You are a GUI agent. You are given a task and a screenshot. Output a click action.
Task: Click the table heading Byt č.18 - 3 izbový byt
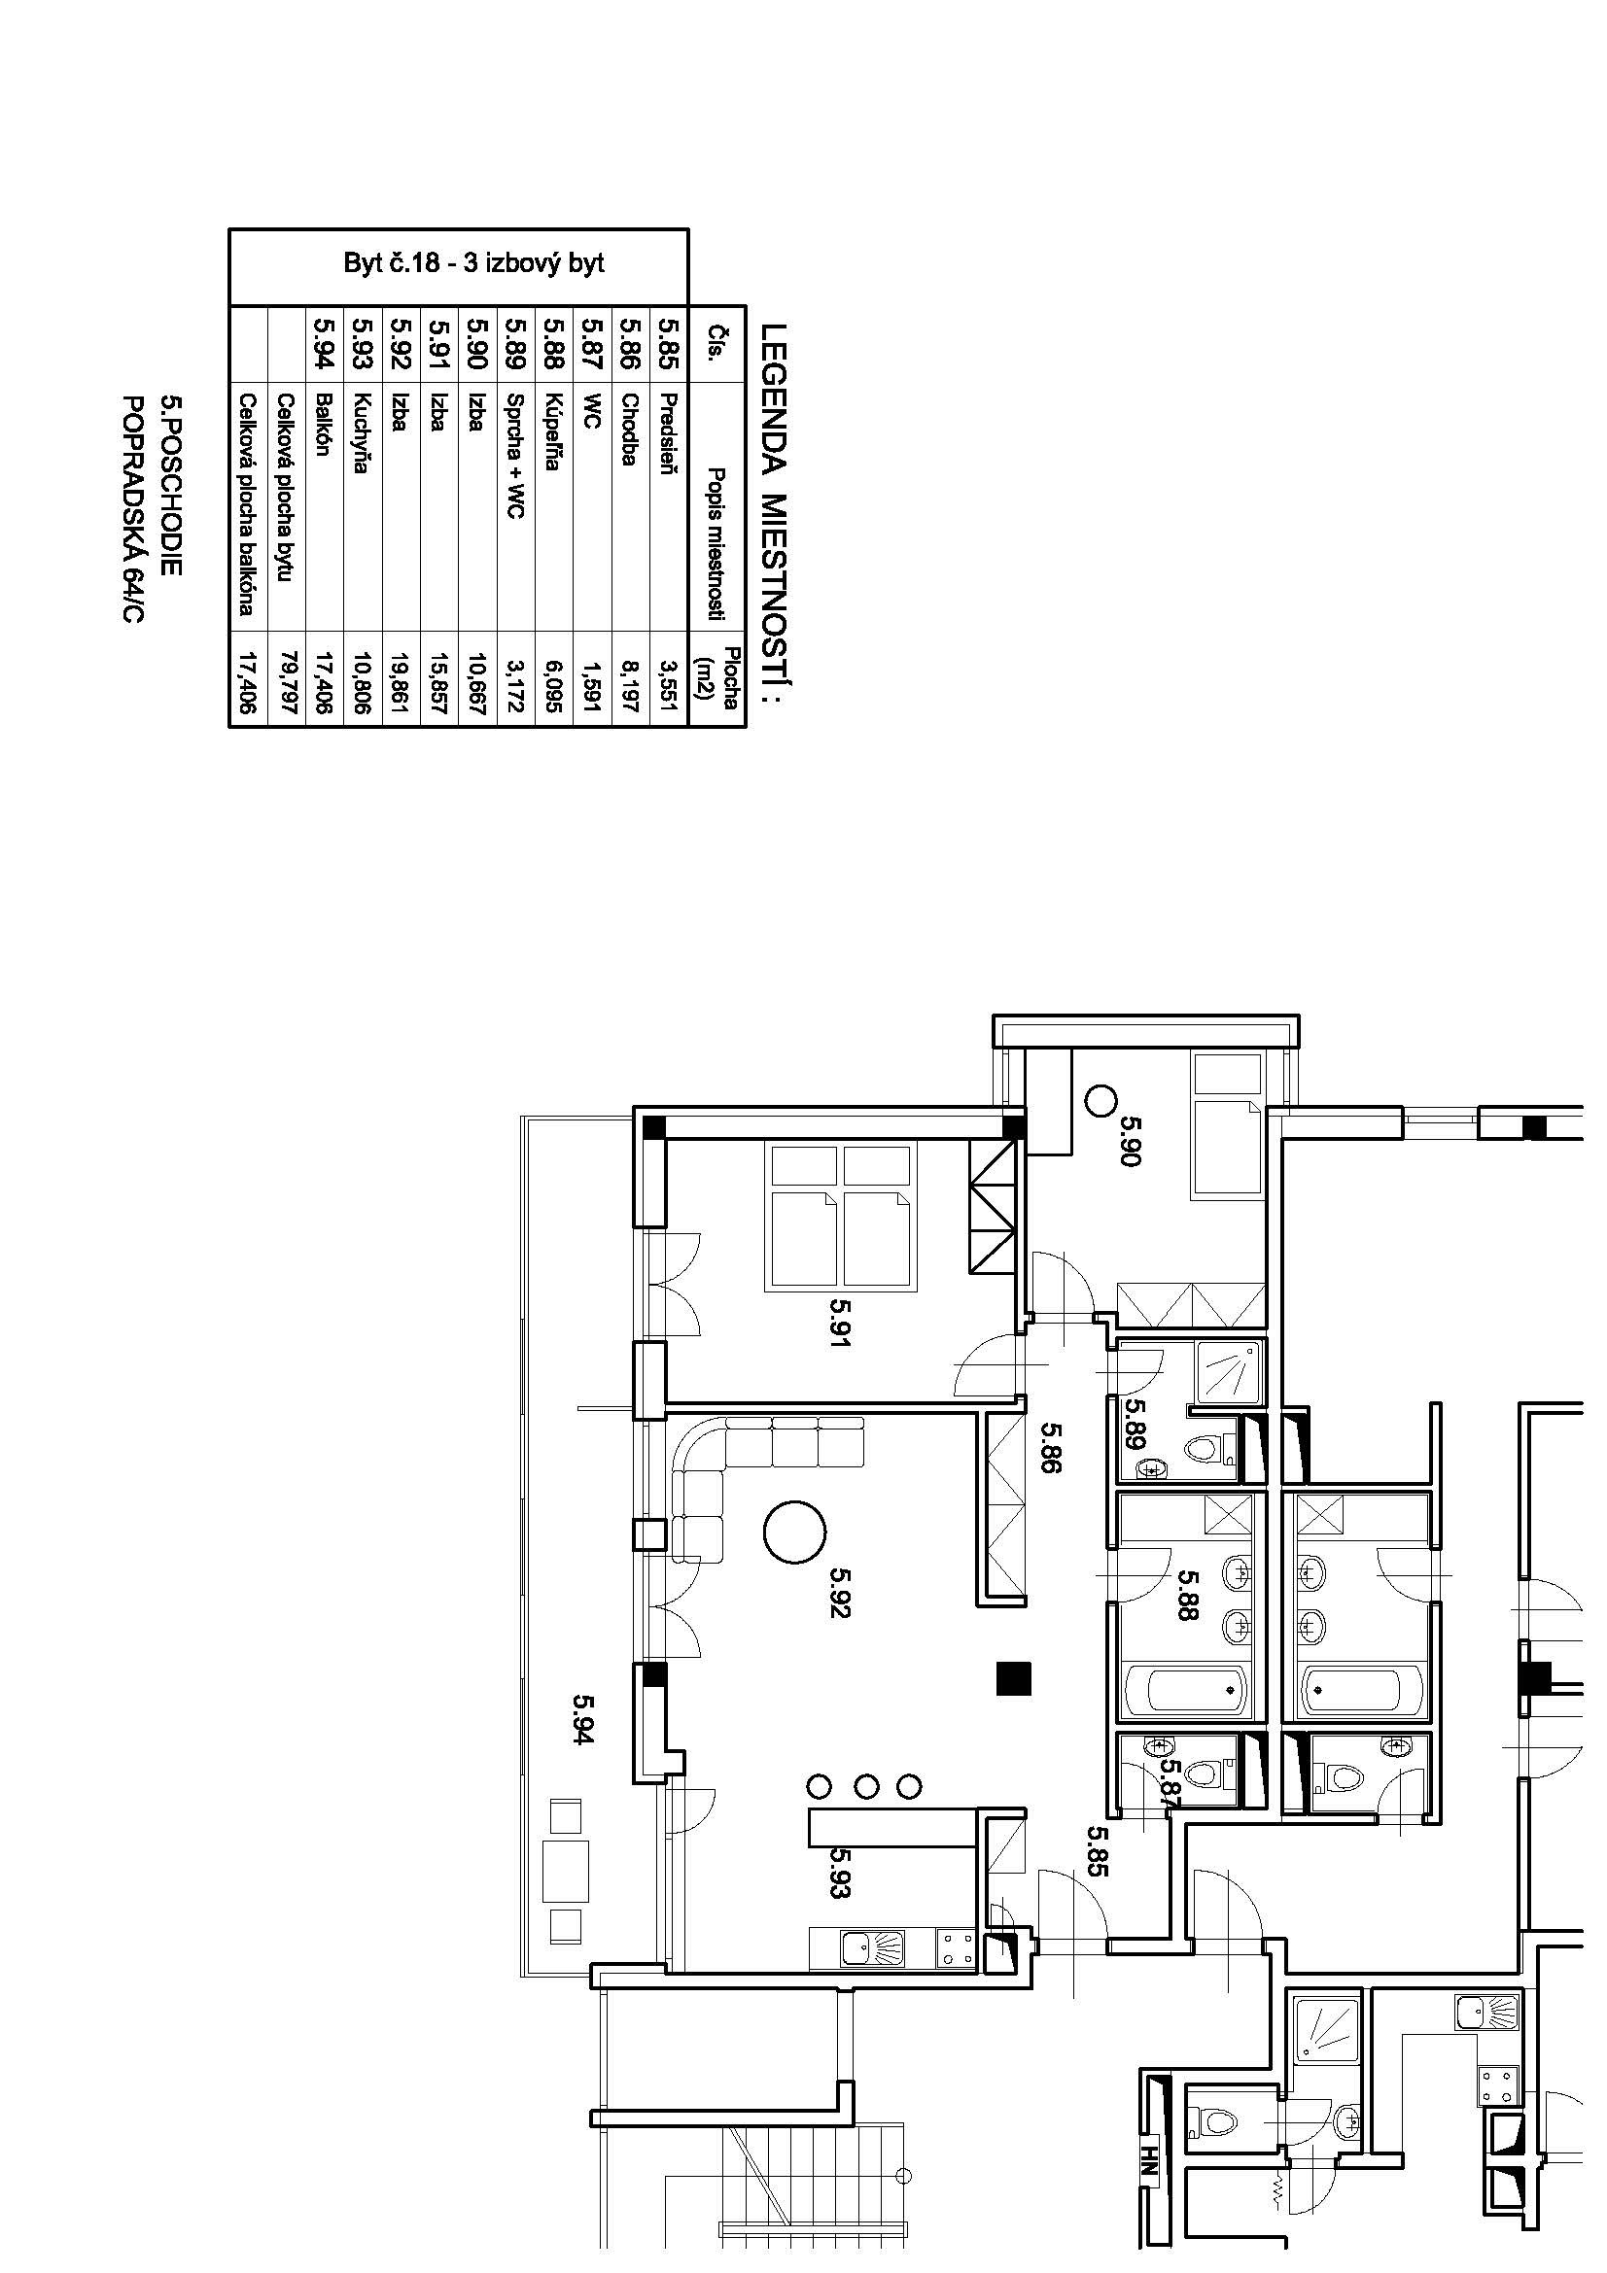tap(473, 264)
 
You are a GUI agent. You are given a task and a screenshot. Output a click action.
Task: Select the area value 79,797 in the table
tap(287, 681)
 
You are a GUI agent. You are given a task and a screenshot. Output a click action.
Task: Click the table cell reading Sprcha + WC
tap(515, 456)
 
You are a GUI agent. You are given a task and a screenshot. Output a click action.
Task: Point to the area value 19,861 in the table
tap(401, 681)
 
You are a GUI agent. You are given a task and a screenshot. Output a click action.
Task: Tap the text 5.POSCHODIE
tap(171, 486)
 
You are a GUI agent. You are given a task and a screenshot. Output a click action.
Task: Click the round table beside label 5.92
tap(795, 1532)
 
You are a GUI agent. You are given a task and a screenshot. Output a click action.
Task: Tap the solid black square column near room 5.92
tap(1014, 1678)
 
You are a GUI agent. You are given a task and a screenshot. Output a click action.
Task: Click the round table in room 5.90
tap(1101, 1100)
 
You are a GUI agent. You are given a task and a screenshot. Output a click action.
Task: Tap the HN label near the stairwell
tap(1149, 2168)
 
